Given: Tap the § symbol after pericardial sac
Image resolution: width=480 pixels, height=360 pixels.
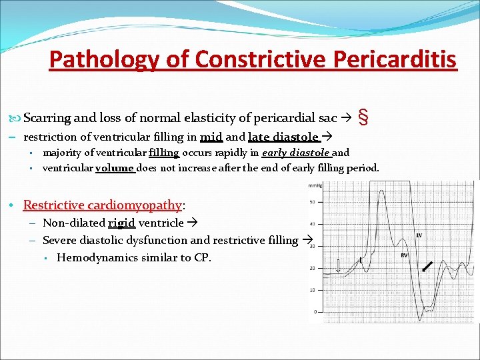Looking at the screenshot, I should (x=363, y=117).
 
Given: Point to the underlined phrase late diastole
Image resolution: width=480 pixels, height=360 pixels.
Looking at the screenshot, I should (x=283, y=138).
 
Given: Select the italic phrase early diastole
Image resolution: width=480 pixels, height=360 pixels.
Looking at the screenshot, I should (x=300, y=153).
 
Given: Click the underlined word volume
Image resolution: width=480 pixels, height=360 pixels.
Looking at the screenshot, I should (x=115, y=168).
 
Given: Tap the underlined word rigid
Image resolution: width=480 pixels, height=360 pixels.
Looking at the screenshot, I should (x=121, y=223).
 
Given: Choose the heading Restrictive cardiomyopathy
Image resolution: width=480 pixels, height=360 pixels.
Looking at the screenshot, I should (x=102, y=205).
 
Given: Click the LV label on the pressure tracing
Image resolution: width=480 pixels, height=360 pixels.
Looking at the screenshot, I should (x=419, y=235).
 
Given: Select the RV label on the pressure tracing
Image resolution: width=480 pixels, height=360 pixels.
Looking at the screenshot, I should (x=404, y=255).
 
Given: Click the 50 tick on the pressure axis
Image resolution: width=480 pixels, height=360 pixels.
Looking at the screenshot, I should (x=312, y=201).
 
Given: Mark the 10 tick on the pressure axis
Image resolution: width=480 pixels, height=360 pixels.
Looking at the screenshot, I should (x=312, y=290).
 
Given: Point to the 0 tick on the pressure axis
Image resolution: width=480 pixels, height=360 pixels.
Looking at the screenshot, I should (x=313, y=311).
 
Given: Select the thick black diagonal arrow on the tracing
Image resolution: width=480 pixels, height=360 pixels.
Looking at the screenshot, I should (x=427, y=268).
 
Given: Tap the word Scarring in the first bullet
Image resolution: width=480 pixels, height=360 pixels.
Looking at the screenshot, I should (x=47, y=118).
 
